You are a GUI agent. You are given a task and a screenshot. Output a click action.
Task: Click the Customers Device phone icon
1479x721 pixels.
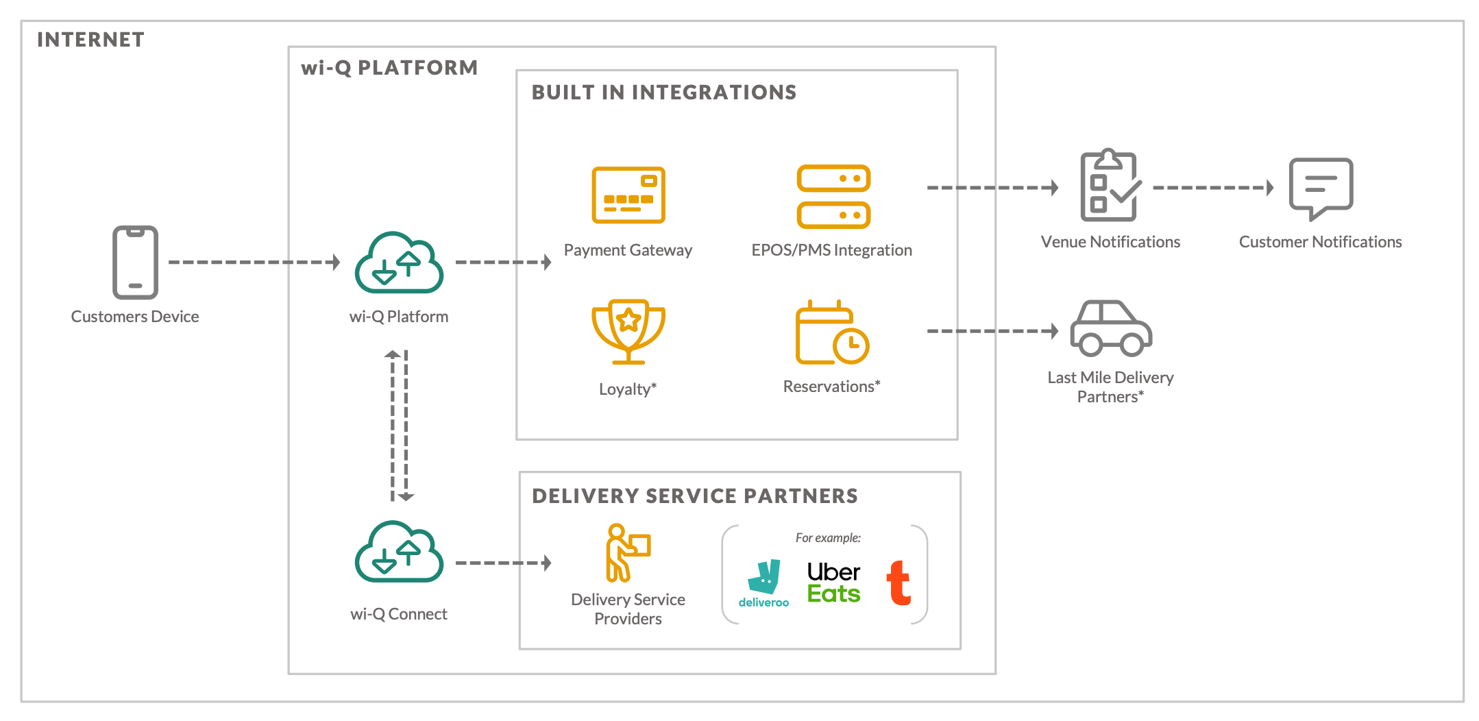point(135,262)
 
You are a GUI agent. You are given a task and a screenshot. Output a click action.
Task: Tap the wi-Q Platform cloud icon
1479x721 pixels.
point(399,264)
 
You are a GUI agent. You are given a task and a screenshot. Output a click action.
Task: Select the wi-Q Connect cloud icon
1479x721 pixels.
point(399,552)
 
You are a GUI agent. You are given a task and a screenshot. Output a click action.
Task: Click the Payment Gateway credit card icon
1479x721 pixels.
point(628,195)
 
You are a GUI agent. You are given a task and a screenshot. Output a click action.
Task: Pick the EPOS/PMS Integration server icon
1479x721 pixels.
point(833,197)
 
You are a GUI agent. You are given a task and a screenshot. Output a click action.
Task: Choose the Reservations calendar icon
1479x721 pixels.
point(831,333)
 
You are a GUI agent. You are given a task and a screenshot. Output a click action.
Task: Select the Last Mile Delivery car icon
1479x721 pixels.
point(1110,329)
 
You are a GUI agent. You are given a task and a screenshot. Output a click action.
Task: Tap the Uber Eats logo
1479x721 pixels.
point(833,583)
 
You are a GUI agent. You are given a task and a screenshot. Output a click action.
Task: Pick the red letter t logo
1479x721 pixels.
point(899,583)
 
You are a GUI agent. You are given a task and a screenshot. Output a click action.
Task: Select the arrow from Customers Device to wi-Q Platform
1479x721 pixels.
point(254,262)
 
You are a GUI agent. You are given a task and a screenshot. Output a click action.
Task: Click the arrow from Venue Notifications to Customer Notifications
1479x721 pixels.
point(1212,188)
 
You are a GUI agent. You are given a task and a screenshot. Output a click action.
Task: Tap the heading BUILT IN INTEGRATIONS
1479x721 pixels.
point(663,93)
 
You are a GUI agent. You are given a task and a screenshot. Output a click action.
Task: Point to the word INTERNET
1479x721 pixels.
point(90,40)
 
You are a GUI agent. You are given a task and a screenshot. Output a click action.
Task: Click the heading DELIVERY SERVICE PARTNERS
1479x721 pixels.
point(694,496)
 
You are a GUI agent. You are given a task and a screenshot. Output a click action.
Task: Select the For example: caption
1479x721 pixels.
point(827,538)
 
